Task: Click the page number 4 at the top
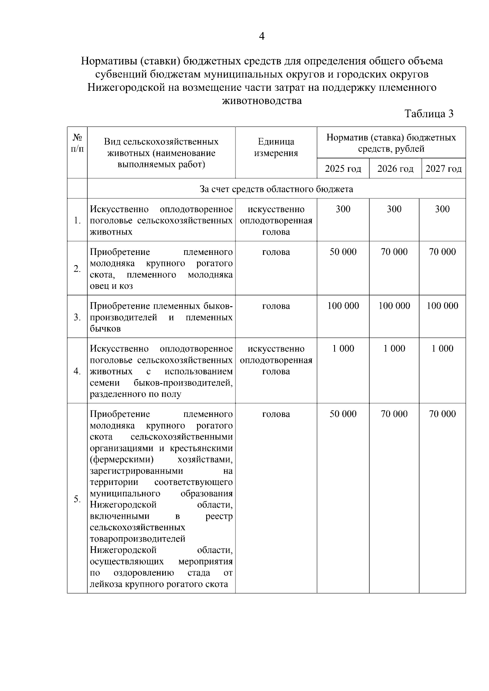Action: point(262,37)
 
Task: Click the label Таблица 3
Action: point(429,114)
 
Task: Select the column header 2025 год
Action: point(343,169)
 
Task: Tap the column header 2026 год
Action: point(395,169)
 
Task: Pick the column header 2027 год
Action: point(443,169)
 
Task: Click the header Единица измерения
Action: point(276,147)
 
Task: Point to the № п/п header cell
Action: point(77,143)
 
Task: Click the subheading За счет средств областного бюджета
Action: point(276,189)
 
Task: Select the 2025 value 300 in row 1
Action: point(343,209)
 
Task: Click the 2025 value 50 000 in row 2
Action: point(343,252)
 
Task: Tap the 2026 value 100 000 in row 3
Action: point(394,306)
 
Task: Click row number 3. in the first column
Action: point(77,317)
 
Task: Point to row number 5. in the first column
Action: point(77,499)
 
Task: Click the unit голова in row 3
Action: point(276,306)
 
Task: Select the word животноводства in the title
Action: point(262,101)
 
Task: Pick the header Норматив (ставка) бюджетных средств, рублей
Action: point(391,143)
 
